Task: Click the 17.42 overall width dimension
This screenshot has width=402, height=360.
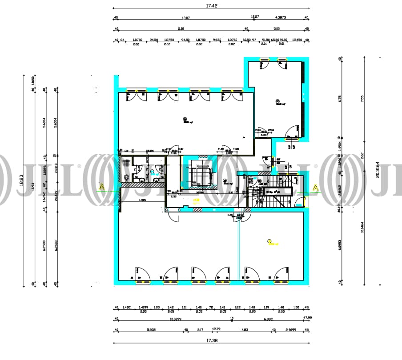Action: (x=211, y=6)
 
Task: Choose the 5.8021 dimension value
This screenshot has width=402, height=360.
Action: (x=150, y=329)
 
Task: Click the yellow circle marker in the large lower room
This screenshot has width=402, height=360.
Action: (x=269, y=241)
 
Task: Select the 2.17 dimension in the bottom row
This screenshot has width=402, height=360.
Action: (x=200, y=329)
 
